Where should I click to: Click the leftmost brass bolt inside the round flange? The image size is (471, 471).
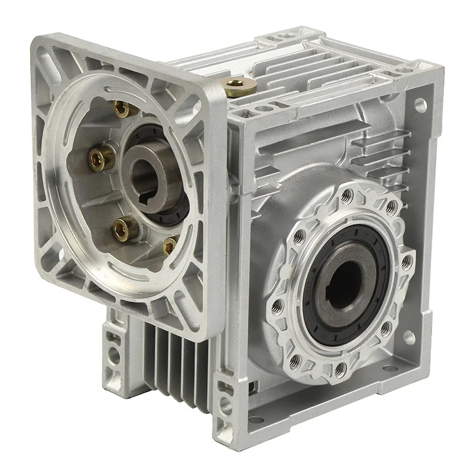coord(101,157)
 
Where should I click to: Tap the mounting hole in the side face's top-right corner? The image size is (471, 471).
coord(420,105)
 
